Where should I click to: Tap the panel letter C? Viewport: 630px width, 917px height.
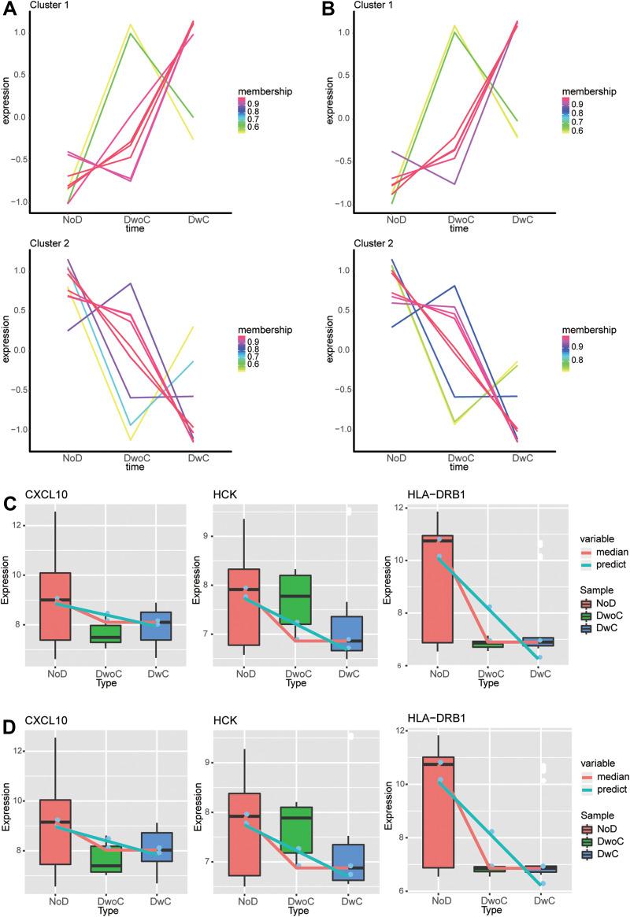point(7,483)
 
